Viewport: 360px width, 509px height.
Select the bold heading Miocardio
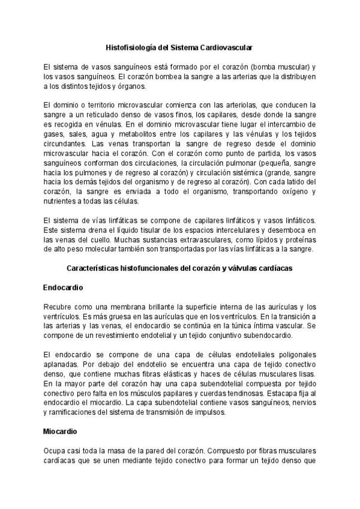point(61,431)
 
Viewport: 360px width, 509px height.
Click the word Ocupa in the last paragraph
point(55,451)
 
